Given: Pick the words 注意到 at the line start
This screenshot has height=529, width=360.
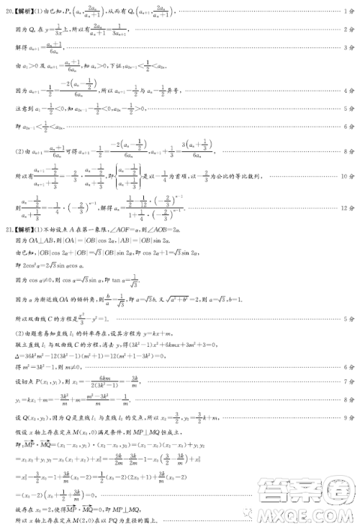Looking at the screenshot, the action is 23,109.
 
